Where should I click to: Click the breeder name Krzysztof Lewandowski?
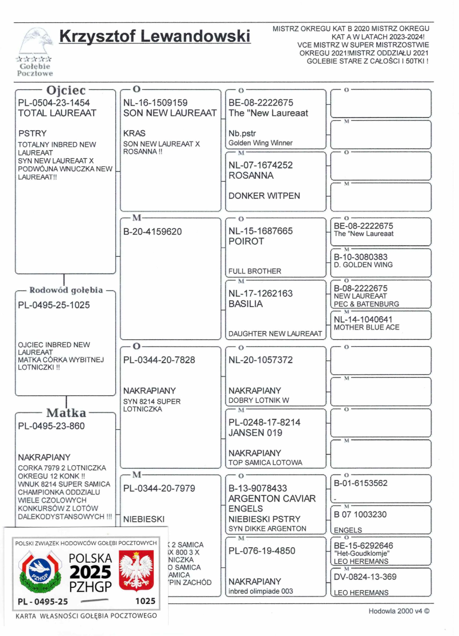point(155,37)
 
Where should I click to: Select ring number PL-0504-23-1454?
point(54,103)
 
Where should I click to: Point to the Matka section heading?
point(66,413)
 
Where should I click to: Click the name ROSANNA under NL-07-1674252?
point(251,176)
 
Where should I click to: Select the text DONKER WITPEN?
point(264,196)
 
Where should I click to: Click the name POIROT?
point(246,241)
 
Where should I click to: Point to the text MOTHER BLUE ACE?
point(367,327)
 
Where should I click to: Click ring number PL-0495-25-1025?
point(54,305)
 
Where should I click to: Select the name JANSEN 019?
point(255,433)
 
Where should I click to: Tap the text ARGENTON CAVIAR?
point(272,498)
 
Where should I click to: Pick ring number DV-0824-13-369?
point(369,577)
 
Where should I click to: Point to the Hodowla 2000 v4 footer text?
point(398,611)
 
